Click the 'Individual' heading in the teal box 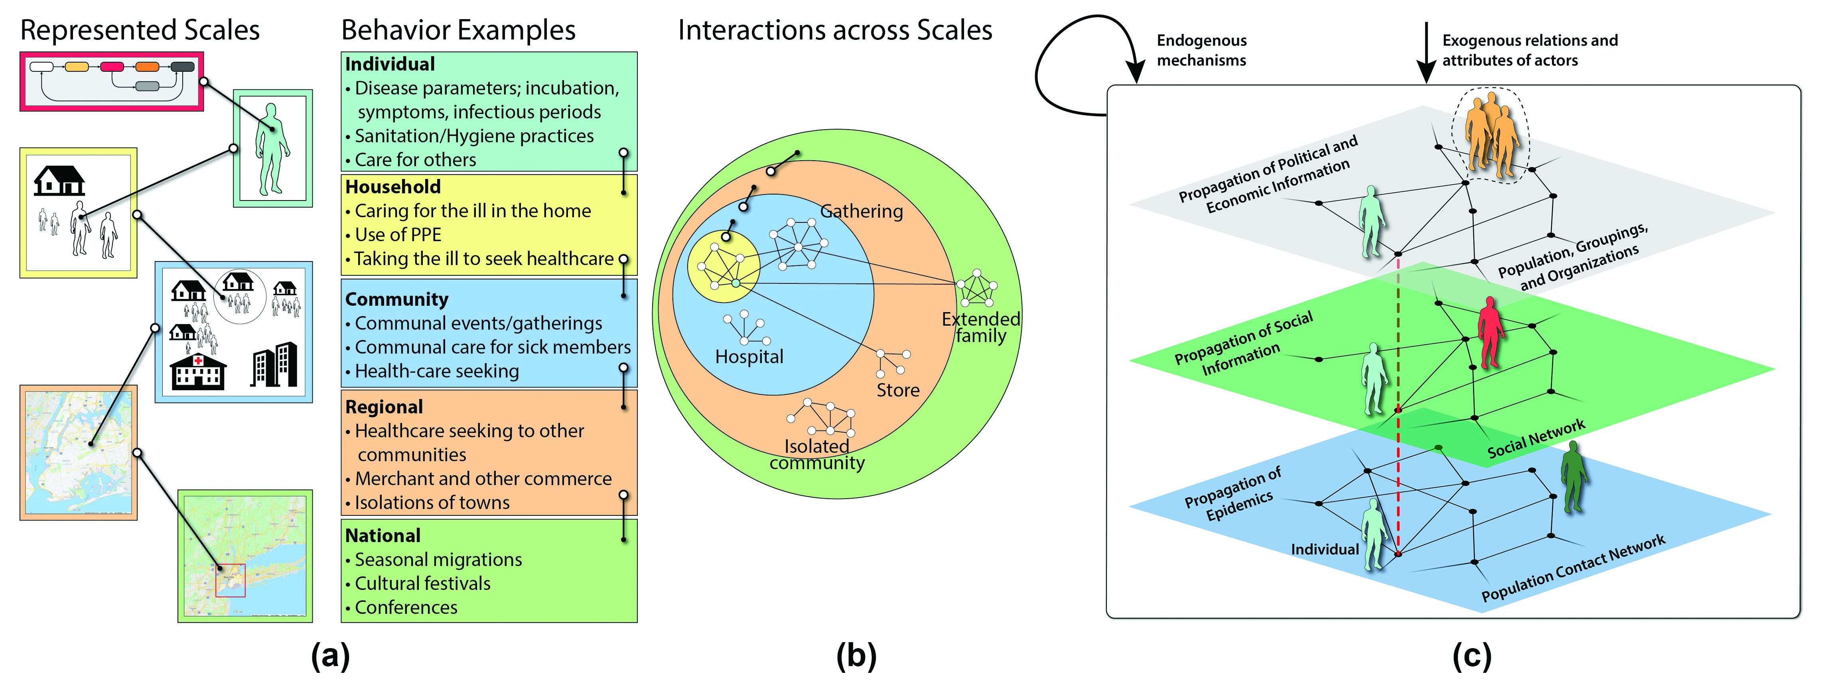(390, 65)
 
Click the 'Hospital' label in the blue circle (749, 356)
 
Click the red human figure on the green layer (1490, 332)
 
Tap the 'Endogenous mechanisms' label (1201, 50)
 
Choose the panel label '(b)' (856, 656)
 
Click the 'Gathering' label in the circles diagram (861, 211)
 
